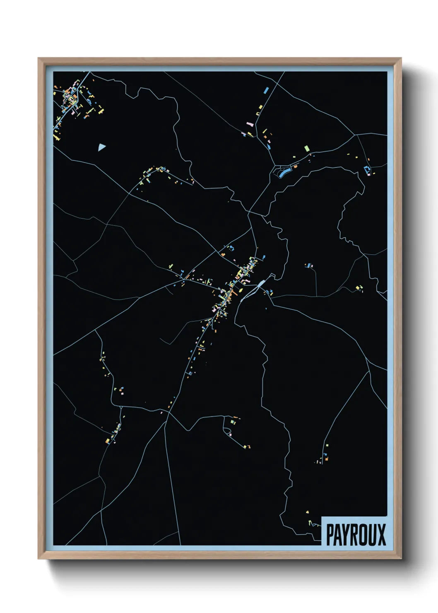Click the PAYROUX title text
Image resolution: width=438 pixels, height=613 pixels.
tap(356, 534)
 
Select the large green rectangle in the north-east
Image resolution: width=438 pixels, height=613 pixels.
tap(306, 148)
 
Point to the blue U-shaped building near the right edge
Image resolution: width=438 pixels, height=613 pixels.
tap(366, 170)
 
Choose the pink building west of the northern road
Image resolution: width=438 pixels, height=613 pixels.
tap(250, 124)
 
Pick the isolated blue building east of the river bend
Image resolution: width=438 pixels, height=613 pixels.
tap(309, 265)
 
